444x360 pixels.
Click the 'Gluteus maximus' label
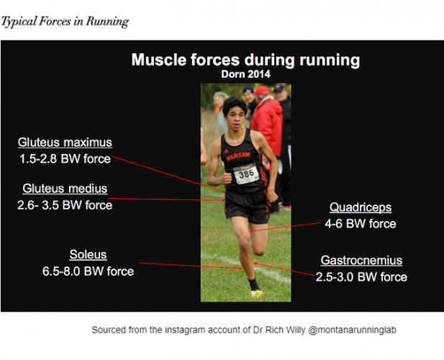click(x=65, y=143)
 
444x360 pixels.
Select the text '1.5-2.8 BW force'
click(x=65, y=158)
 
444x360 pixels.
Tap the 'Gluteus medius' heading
click(x=65, y=189)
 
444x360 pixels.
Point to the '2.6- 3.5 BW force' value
click(x=65, y=205)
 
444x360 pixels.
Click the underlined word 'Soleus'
click(x=88, y=255)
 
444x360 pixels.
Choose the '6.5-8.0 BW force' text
click(x=88, y=271)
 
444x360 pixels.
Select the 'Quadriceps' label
click(x=361, y=207)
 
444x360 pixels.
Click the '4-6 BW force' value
click(x=361, y=224)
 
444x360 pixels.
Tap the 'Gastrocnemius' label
click(x=361, y=261)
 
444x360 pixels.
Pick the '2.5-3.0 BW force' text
click(x=361, y=277)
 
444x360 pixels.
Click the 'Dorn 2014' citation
click(x=245, y=73)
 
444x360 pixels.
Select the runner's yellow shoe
click(x=257, y=294)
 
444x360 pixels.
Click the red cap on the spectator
click(x=262, y=91)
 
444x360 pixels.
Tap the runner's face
click(x=238, y=114)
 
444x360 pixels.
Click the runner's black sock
click(x=253, y=284)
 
